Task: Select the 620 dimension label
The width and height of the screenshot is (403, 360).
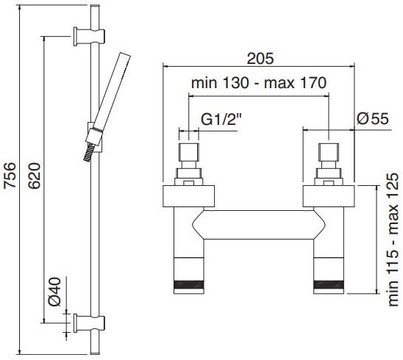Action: coord(34,176)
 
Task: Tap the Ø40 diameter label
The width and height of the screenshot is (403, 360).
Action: coord(55,292)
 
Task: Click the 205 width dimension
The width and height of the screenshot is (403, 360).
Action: coord(260,59)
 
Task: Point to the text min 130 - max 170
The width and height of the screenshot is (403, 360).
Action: coord(259,83)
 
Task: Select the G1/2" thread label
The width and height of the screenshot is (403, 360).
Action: coord(221,120)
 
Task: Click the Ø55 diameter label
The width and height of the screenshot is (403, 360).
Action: coord(373,119)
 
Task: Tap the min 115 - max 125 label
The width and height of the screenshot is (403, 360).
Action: coord(393,240)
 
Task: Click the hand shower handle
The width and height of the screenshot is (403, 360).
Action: coord(112,92)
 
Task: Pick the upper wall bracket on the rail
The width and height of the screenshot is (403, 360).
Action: coord(89,36)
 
